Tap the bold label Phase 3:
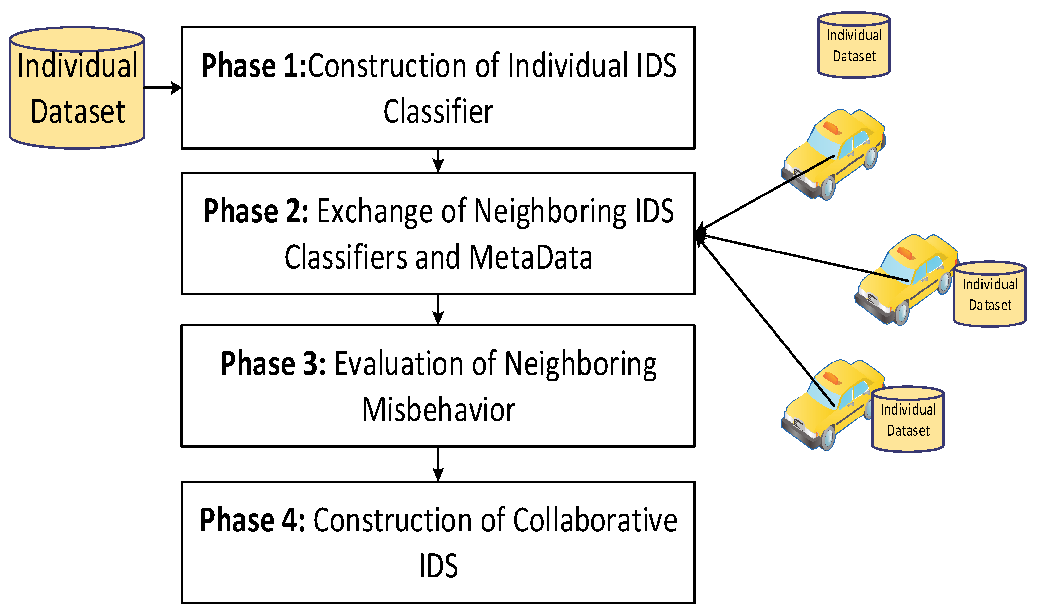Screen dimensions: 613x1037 pos(273,363)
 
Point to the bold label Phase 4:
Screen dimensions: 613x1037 pos(252,520)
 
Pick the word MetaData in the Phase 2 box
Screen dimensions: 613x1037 pos(531,257)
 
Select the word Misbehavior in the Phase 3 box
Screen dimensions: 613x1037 pos(438,410)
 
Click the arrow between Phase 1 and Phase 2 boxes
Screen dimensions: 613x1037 pos(438,160)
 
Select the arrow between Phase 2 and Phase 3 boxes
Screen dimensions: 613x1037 pos(438,309)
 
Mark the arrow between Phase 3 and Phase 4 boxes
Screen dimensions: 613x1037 pos(438,464)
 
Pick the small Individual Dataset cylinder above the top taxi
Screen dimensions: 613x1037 pos(853,46)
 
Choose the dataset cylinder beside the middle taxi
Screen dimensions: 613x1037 pos(990,294)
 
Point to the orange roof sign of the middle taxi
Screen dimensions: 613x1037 pos(906,253)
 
